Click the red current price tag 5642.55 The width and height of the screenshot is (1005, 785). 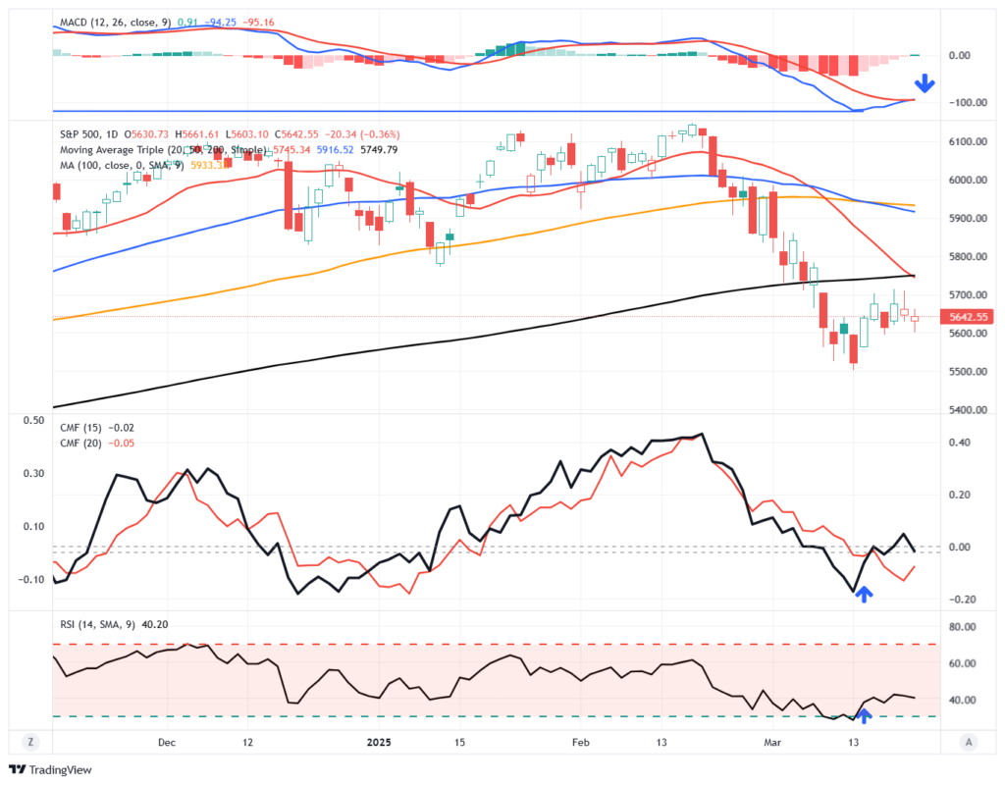pos(963,316)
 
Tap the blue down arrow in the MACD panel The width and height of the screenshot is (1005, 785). pos(924,83)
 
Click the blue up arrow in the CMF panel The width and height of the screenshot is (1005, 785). pos(863,593)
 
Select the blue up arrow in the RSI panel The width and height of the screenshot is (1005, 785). pos(864,716)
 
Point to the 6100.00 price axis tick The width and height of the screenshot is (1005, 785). pos(968,142)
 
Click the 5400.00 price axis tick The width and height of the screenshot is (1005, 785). pos(968,410)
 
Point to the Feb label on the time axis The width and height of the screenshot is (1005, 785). pos(583,743)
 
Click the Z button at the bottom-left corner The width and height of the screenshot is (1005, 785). pos(32,743)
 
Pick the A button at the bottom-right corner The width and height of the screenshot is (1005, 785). pos(969,743)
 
